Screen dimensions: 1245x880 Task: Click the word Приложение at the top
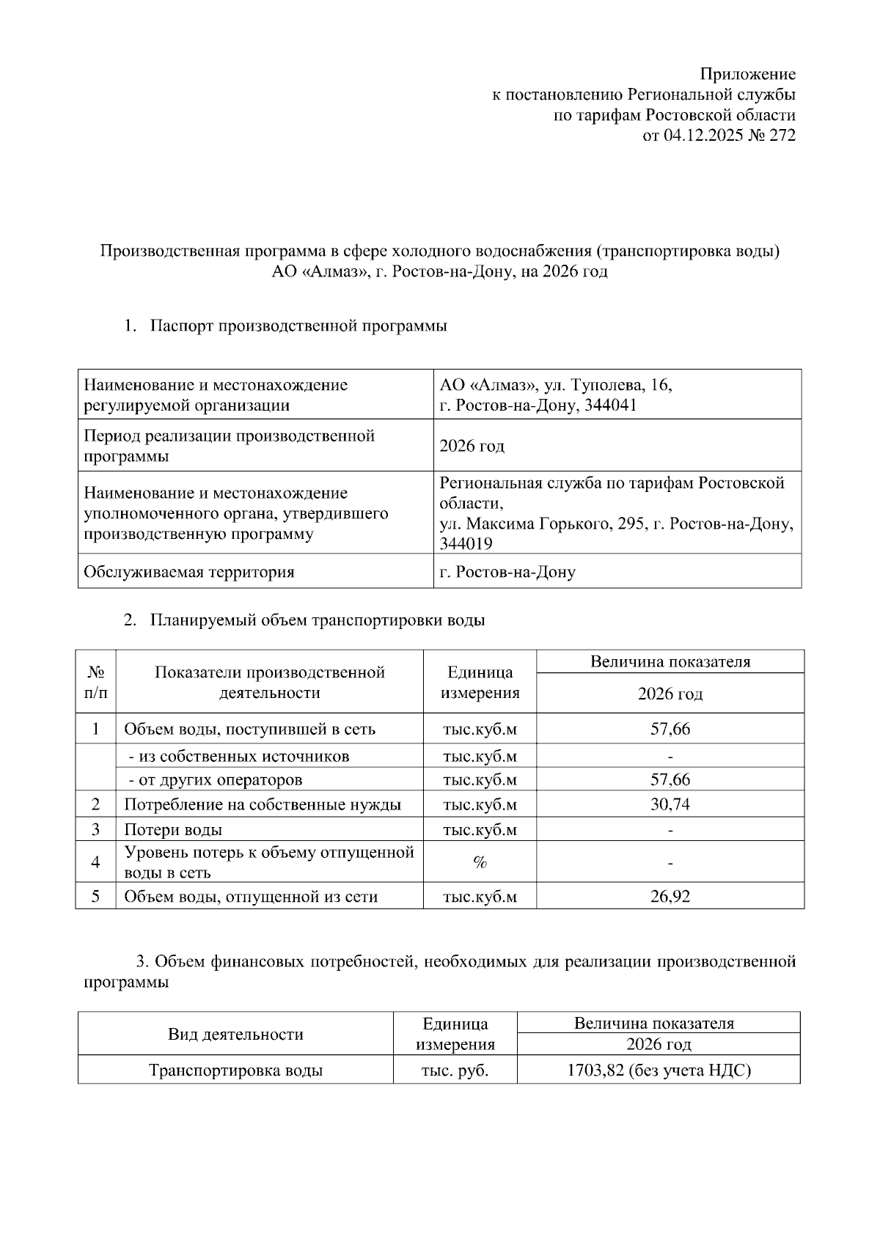tap(747, 74)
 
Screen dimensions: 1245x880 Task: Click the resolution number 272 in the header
tap(782, 136)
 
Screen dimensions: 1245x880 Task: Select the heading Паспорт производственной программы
tap(298, 326)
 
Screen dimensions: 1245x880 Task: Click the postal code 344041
tap(611, 405)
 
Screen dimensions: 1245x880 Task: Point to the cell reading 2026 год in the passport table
tap(472, 446)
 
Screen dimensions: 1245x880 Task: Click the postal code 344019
tap(466, 544)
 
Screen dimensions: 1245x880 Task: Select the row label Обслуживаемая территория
tap(189, 572)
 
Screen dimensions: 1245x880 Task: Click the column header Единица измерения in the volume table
tap(480, 683)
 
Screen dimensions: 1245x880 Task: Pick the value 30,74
tap(670, 804)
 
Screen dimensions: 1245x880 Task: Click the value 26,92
tap(670, 896)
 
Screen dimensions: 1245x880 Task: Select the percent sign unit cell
tap(480, 862)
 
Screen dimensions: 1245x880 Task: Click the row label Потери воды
tap(173, 830)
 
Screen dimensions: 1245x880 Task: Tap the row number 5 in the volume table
tap(95, 896)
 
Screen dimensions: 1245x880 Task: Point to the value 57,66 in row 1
tap(670, 729)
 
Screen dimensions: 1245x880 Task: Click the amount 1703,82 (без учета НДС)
tap(659, 1070)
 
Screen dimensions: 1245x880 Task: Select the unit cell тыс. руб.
tap(455, 1070)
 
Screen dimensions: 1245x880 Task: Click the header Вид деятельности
tap(235, 1035)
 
